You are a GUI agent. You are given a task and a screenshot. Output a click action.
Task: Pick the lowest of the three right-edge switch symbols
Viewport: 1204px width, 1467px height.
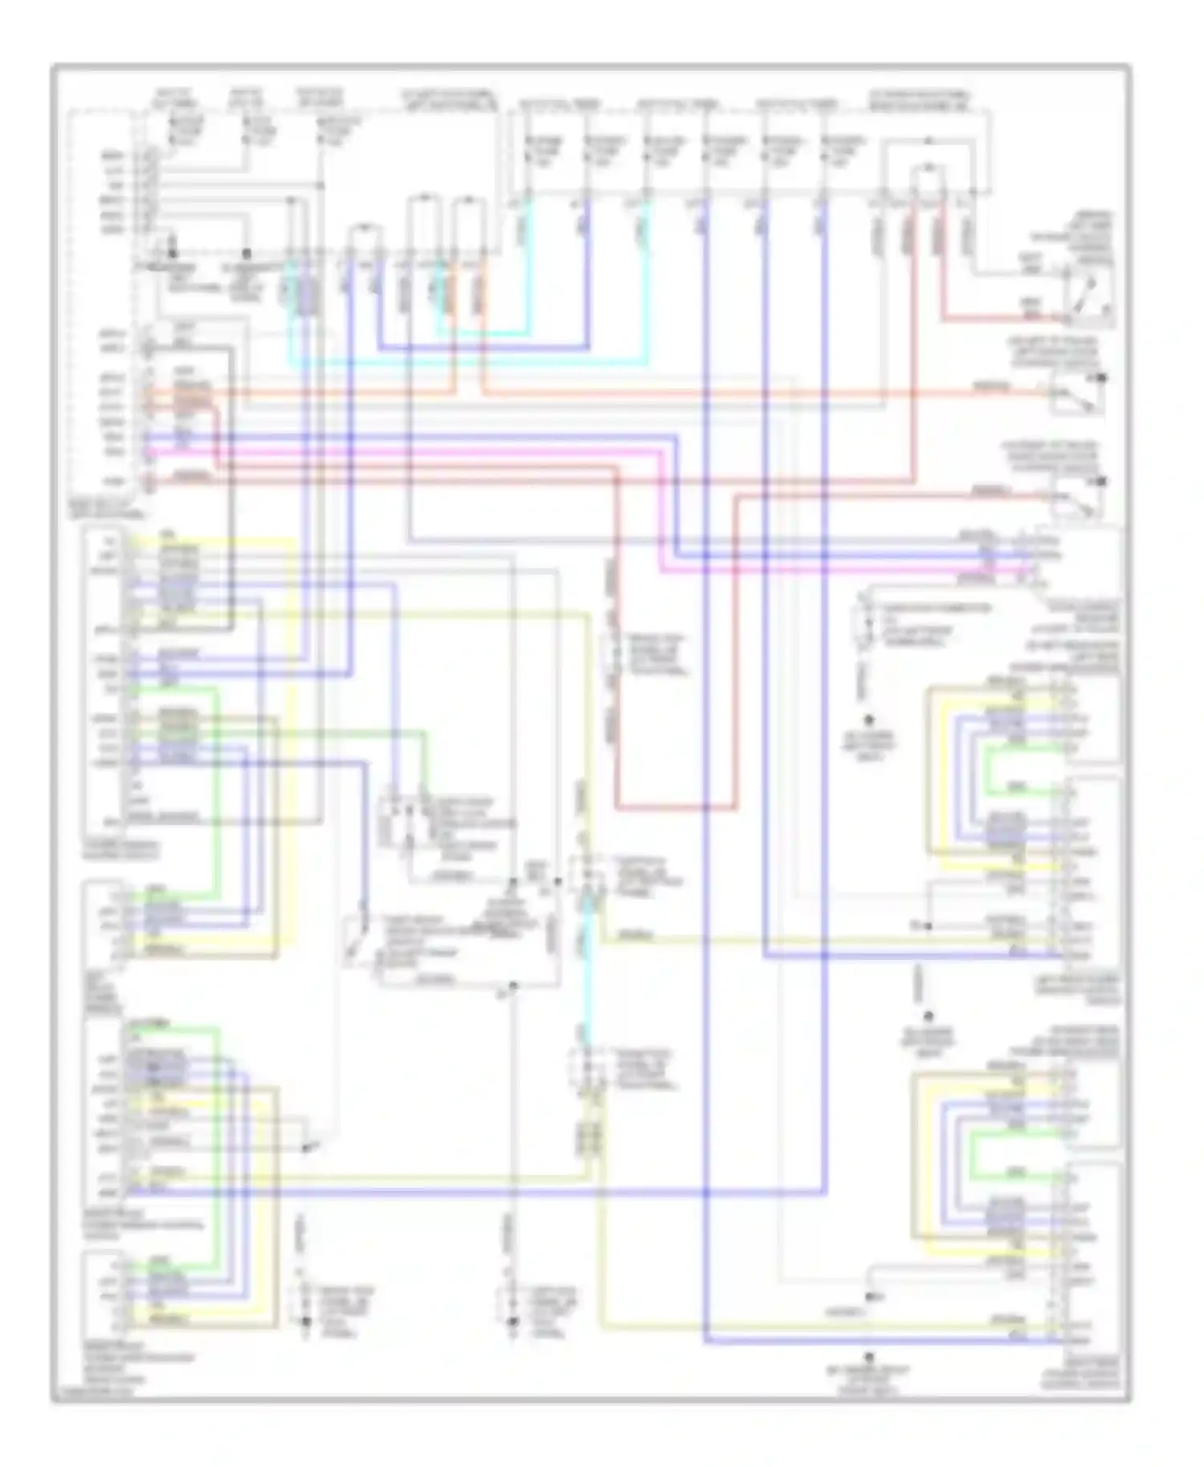(1076, 502)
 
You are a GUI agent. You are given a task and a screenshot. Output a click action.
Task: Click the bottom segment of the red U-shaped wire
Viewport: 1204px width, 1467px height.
(674, 808)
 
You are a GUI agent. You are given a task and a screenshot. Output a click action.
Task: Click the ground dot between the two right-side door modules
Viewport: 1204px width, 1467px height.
(928, 1015)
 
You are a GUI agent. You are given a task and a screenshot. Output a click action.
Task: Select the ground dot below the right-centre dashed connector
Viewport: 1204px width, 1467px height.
(868, 720)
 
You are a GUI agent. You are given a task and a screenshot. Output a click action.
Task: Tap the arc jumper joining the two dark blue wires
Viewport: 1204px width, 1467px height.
(364, 229)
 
